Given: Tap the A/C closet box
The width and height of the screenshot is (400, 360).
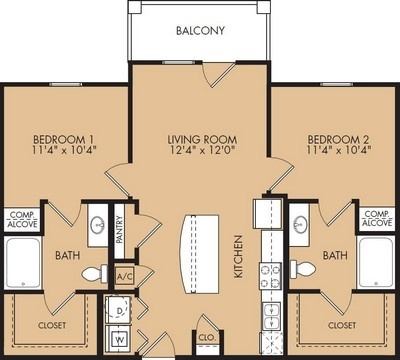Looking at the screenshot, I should pos(125,275).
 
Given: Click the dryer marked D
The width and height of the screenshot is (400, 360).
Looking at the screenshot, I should pos(121,311).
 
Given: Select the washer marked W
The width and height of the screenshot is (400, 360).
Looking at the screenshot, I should pos(121,338).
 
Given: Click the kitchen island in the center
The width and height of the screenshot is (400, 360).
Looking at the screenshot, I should pos(196,250).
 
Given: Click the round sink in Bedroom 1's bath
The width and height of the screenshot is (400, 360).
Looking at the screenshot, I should pos(98,226).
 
